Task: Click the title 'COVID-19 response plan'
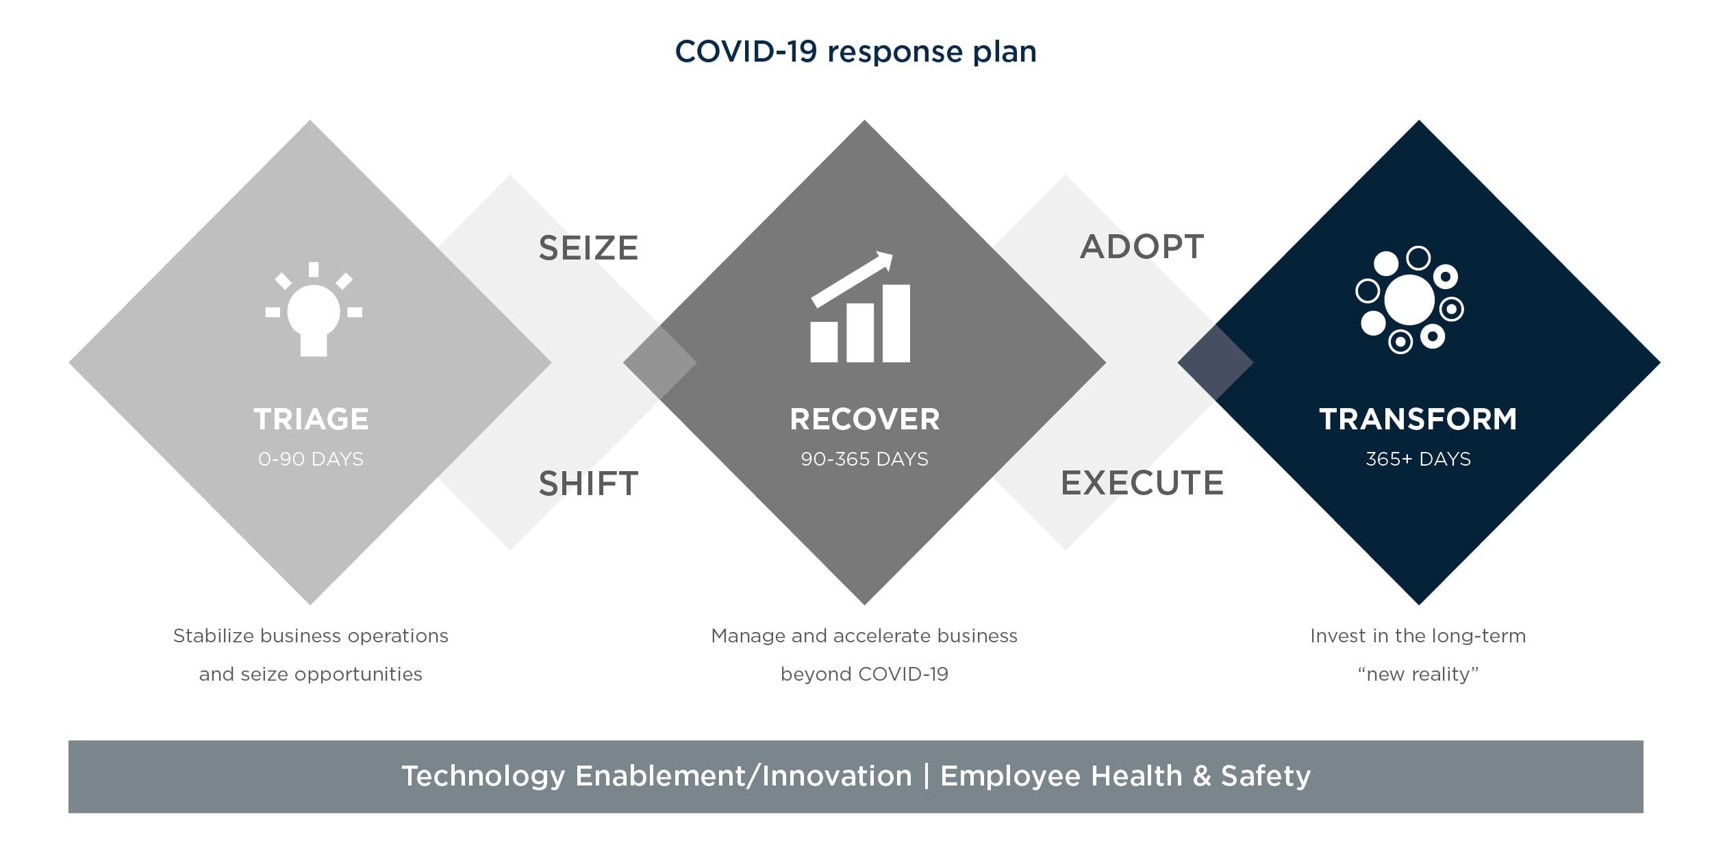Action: click(x=855, y=52)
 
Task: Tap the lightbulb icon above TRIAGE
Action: click(x=314, y=310)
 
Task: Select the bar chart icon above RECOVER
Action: click(x=860, y=307)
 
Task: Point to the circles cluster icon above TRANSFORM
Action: click(x=1409, y=299)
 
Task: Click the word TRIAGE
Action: click(x=311, y=419)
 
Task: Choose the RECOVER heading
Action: click(x=864, y=419)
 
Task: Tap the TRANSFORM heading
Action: click(x=1418, y=419)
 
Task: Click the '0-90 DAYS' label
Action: click(x=311, y=459)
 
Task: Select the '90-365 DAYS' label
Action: click(x=864, y=459)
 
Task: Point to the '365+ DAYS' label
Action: click(x=1418, y=459)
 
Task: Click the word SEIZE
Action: click(x=588, y=248)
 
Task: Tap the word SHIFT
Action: click(x=588, y=483)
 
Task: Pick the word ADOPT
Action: click(x=1142, y=247)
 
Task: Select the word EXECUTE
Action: click(x=1142, y=483)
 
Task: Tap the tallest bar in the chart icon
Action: click(x=896, y=323)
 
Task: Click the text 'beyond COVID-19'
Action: click(x=864, y=675)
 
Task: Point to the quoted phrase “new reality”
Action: click(x=1418, y=675)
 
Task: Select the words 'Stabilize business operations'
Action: click(x=311, y=636)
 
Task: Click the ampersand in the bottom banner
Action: click(x=1202, y=776)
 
